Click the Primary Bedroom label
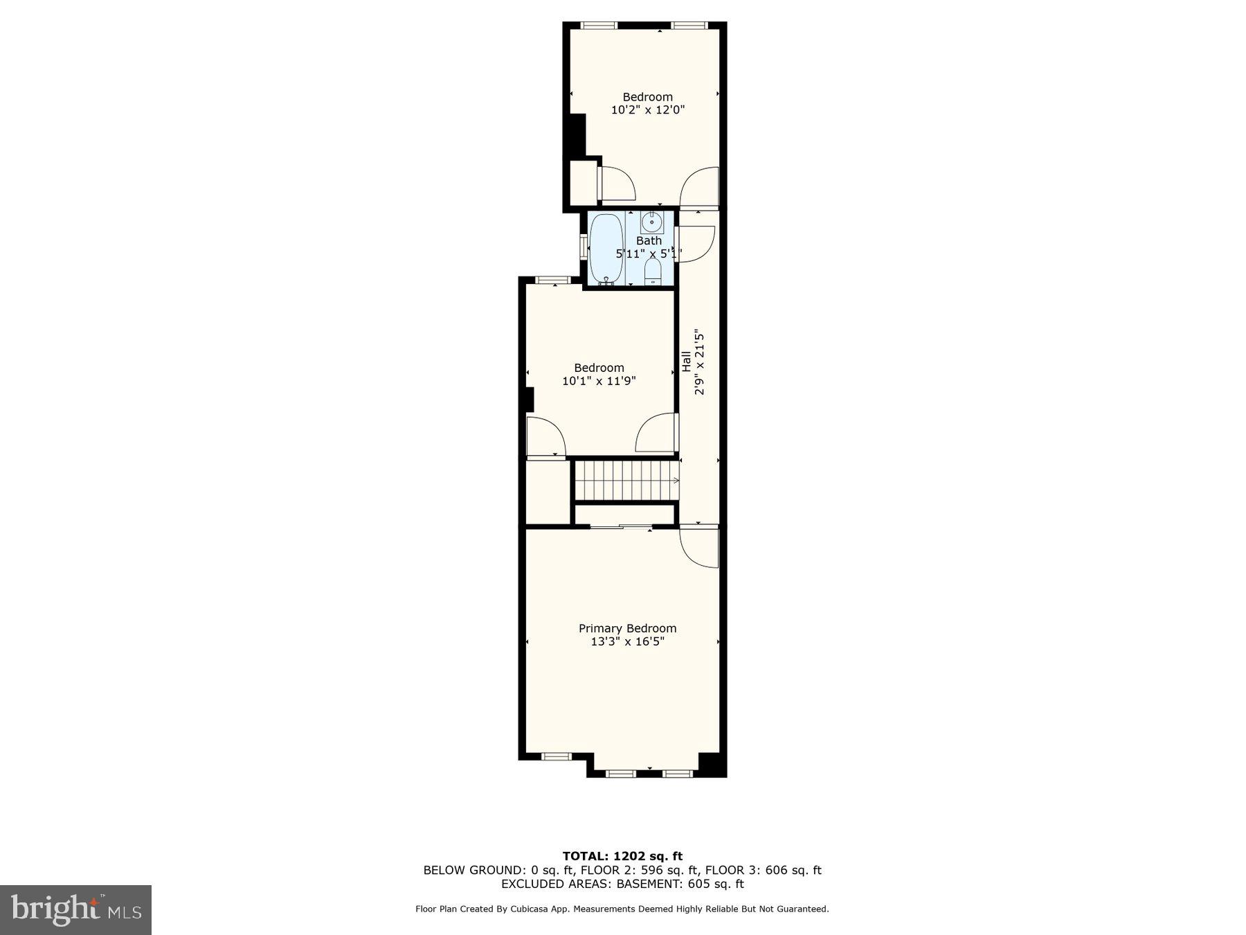pyautogui.click(x=627, y=628)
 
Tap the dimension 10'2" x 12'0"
pyautogui.click(x=647, y=109)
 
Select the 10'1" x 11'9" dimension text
pyautogui.click(x=599, y=380)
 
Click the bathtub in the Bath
pyautogui.click(x=606, y=247)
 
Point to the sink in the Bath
pyautogui.click(x=651, y=223)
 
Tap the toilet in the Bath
pyautogui.click(x=652, y=273)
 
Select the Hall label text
pyautogui.click(x=686, y=361)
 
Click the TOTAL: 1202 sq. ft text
pyautogui.click(x=622, y=856)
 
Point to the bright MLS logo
pyautogui.click(x=75, y=909)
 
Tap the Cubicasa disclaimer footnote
pyautogui.click(x=622, y=909)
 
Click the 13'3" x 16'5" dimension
pyautogui.click(x=627, y=641)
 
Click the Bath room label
pyautogui.click(x=649, y=240)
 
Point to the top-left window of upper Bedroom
pyautogui.click(x=599, y=26)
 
